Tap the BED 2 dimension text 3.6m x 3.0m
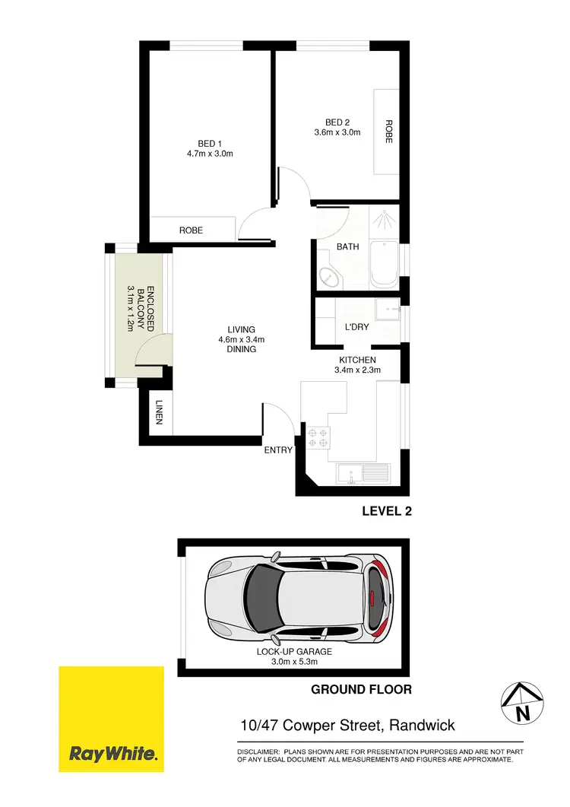coord(337,132)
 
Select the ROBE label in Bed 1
coord(191,230)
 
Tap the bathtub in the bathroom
coord(383,265)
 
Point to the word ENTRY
coord(278,450)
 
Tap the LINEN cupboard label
coord(160,413)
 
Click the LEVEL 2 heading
coord(386,512)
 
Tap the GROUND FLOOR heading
coord(361,690)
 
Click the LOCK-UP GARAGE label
coord(294,652)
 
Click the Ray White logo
coord(112,718)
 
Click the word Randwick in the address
coord(422,726)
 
